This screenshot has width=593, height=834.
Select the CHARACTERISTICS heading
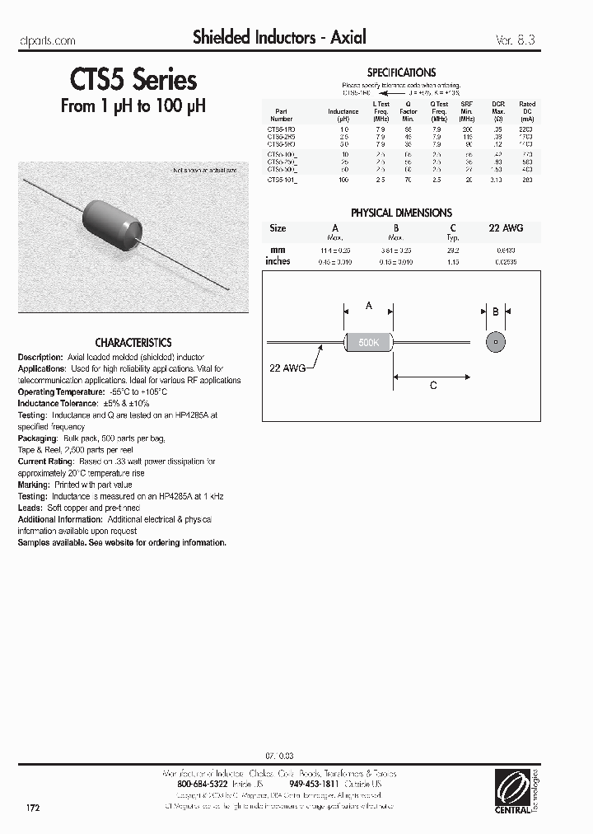[x=133, y=342]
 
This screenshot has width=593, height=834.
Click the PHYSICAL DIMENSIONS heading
[x=401, y=213]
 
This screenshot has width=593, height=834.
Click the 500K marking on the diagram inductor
[x=368, y=341]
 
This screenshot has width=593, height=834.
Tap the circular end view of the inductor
[x=495, y=341]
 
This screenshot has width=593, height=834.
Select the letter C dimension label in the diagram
[x=433, y=386]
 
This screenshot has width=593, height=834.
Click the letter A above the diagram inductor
[x=369, y=306]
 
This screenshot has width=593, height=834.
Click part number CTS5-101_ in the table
[x=282, y=179]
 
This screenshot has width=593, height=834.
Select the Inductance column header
[x=343, y=112]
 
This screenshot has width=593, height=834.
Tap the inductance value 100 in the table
[x=344, y=179]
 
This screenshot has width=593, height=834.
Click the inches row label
[x=278, y=260]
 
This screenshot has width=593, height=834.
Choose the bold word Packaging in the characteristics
[x=37, y=439]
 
